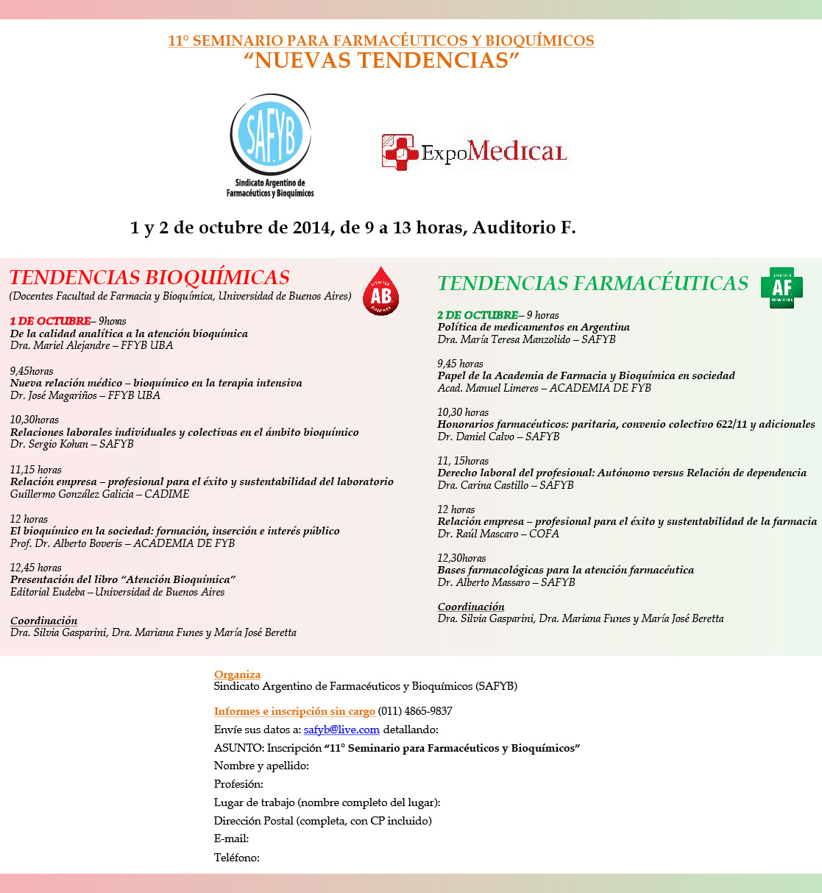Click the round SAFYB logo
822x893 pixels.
[x=270, y=135]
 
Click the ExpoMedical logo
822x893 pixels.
[x=475, y=152]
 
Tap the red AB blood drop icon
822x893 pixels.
[x=380, y=292]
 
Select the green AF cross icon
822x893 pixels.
[x=781, y=287]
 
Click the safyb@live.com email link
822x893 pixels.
[x=341, y=730]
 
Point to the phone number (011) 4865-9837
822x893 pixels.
[x=415, y=711]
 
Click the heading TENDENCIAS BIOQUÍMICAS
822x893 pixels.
[x=149, y=278]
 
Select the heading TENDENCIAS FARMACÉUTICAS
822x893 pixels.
[x=592, y=283]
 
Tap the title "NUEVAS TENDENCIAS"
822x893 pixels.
[x=381, y=60]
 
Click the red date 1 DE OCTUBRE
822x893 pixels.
[x=50, y=321]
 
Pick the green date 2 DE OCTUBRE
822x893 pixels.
[x=478, y=315]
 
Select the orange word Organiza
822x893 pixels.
[x=237, y=674]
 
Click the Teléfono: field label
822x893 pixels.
[x=237, y=857]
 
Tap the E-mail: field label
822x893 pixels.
[x=231, y=839]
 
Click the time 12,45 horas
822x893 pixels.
[x=36, y=568]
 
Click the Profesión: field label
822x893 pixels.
[x=238, y=784]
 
